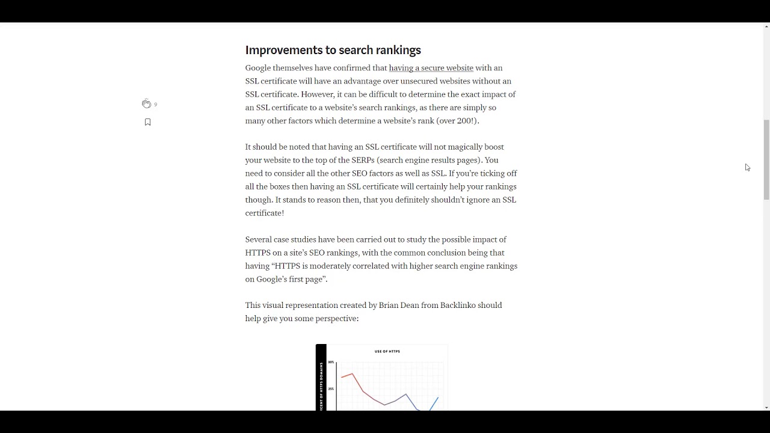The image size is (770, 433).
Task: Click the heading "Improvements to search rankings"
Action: (x=333, y=50)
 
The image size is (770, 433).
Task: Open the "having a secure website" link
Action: (x=431, y=68)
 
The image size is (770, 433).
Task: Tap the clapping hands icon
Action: (x=146, y=104)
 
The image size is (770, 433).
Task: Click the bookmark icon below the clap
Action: (x=147, y=122)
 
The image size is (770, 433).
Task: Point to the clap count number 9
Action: (x=155, y=105)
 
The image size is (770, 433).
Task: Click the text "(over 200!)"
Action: (x=457, y=121)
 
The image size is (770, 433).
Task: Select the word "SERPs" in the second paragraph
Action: (x=363, y=160)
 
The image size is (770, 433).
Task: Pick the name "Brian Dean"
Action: (x=399, y=306)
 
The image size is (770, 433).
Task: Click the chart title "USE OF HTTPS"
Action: (x=387, y=351)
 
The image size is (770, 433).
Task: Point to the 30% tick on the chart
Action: (x=331, y=362)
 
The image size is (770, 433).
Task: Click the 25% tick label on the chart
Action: (x=331, y=389)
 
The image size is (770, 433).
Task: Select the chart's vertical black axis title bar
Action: (x=321, y=378)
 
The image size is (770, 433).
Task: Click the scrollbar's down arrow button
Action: (x=766, y=407)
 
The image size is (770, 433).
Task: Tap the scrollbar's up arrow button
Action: (x=766, y=27)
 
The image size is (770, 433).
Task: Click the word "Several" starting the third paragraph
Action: (x=258, y=239)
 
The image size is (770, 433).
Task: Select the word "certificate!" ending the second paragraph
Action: (x=264, y=213)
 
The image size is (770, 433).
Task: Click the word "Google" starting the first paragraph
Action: (x=257, y=68)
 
